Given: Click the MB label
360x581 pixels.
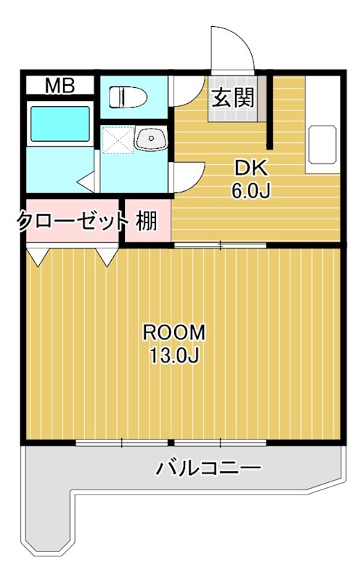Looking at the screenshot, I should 60,86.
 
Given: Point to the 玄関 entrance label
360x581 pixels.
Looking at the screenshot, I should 232,97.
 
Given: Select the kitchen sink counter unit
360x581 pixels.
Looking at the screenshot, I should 322,145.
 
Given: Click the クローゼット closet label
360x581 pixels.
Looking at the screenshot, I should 71,221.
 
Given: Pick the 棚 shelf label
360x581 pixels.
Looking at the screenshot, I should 147,221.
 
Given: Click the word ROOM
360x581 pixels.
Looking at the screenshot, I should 174,332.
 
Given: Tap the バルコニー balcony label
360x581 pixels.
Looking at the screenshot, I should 209,467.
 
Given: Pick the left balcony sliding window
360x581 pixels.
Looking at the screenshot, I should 122,442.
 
